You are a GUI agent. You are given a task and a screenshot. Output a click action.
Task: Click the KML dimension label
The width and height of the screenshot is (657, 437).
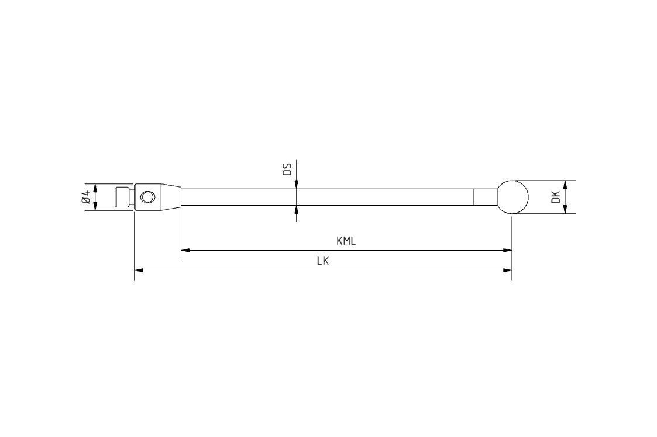(x=346, y=241)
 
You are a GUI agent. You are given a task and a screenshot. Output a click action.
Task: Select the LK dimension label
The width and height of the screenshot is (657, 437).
(x=322, y=261)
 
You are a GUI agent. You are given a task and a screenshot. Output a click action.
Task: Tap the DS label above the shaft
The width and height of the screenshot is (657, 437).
(x=287, y=169)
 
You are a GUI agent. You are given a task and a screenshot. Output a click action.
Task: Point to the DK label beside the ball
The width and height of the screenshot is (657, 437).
(x=556, y=197)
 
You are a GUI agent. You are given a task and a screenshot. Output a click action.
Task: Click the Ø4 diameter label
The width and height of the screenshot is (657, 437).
(x=87, y=197)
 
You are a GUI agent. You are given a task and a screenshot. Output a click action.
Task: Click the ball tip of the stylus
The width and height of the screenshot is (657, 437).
(x=512, y=197)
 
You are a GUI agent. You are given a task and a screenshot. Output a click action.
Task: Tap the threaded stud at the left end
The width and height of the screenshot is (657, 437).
(x=122, y=197)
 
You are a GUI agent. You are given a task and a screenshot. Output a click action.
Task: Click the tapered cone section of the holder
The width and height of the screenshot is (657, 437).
(x=170, y=197)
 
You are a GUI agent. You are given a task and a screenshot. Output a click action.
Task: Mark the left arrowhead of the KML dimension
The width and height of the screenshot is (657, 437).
(x=185, y=250)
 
